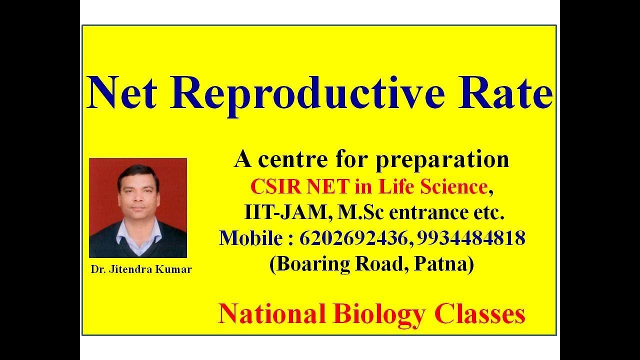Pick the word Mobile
251,238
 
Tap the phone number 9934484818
470,238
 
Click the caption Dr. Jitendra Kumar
141,269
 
